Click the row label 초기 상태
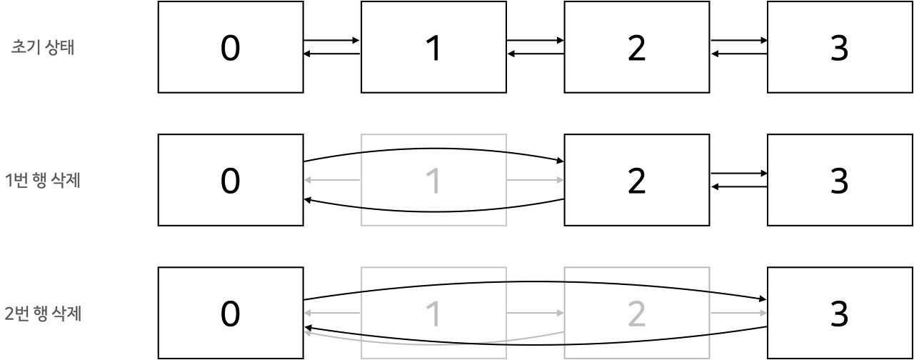[45, 48]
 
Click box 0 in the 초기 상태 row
[230, 48]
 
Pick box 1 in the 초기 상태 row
[433, 48]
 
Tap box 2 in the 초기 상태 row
[636, 48]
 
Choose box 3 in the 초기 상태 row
[840, 48]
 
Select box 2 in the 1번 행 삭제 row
[636, 180]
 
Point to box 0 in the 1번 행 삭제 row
[230, 180]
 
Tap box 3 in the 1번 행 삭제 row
[840, 180]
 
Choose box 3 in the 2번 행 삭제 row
[840, 313]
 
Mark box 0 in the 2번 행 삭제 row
[230, 313]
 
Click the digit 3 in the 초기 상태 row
[840, 48]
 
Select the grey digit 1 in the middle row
[433, 181]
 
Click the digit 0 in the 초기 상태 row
[230, 48]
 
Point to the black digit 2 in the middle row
[636, 181]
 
